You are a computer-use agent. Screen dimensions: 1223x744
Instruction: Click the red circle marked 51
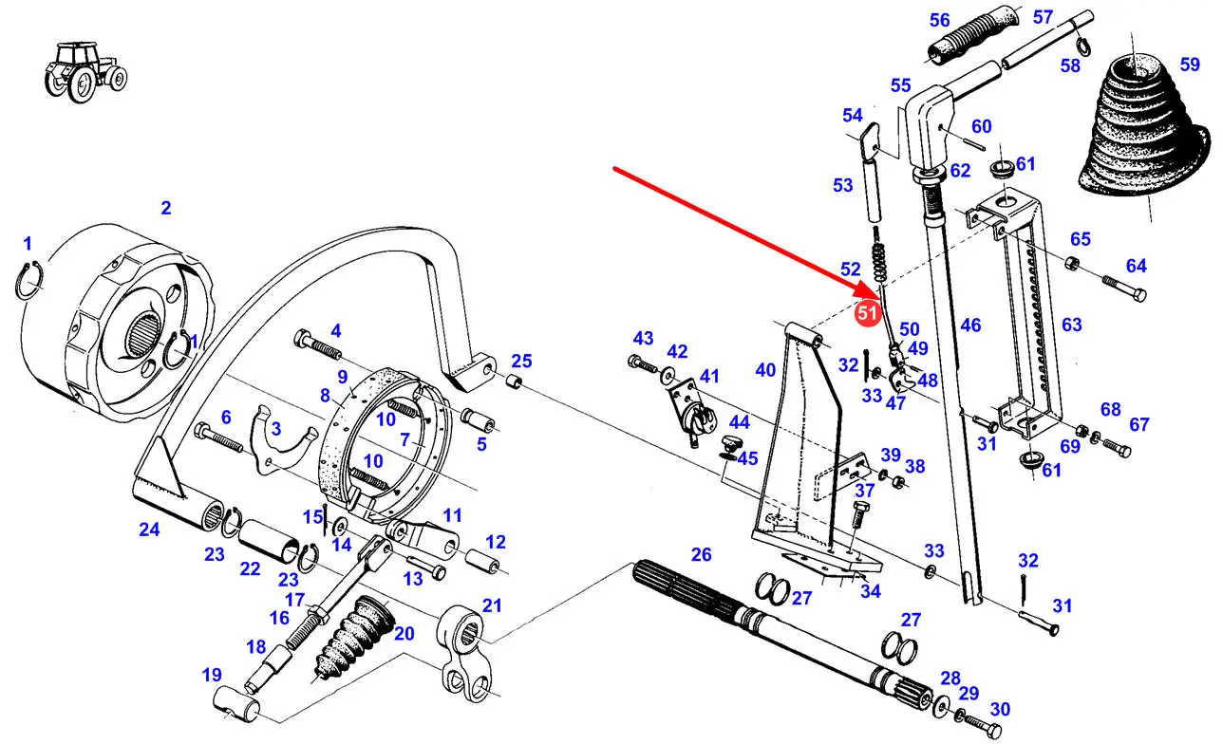[867, 313]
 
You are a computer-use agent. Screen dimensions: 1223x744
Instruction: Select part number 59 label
[1191, 65]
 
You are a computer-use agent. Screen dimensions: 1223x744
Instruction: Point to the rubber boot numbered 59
[1143, 125]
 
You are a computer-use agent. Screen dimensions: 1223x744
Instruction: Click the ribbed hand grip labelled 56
[973, 38]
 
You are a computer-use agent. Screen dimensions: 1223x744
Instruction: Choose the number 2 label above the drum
[166, 208]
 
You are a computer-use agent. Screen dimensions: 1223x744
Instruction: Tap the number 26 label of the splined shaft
[701, 554]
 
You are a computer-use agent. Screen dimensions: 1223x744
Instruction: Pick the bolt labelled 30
[983, 725]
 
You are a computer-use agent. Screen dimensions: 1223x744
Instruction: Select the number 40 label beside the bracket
[765, 370]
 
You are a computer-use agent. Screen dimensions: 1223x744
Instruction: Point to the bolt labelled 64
[1124, 288]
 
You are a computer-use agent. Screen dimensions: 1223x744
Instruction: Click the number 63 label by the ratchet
[1071, 325]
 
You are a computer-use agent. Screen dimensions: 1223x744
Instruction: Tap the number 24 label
[149, 530]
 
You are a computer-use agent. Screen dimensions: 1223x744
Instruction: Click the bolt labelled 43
[643, 363]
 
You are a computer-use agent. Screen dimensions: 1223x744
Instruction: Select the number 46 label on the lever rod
[970, 325]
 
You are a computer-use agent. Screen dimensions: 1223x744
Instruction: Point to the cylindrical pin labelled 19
[237, 705]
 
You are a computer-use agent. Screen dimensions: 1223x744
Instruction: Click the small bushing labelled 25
[513, 381]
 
